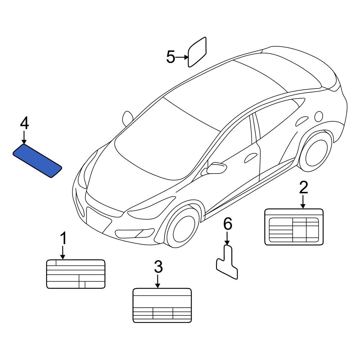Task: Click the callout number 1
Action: pyautogui.click(x=63, y=238)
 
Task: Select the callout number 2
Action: pyautogui.click(x=303, y=188)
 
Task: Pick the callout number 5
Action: pyautogui.click(x=171, y=57)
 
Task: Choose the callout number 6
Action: pyautogui.click(x=228, y=224)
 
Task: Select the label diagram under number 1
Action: pyautogui.click(x=76, y=274)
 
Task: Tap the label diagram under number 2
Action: pyautogui.click(x=294, y=227)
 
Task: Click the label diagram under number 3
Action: pyautogui.click(x=162, y=305)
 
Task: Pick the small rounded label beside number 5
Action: pyautogui.click(x=197, y=52)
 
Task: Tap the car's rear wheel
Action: pyautogui.click(x=315, y=152)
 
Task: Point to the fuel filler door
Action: pyautogui.click(x=318, y=116)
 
